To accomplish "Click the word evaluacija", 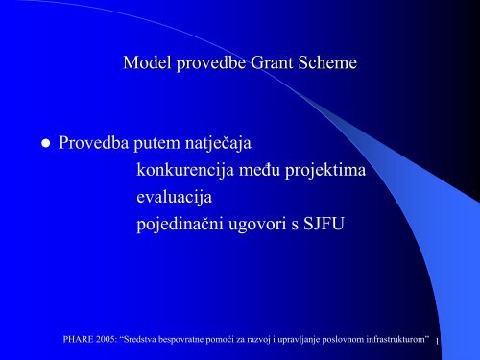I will click(x=174, y=198).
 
